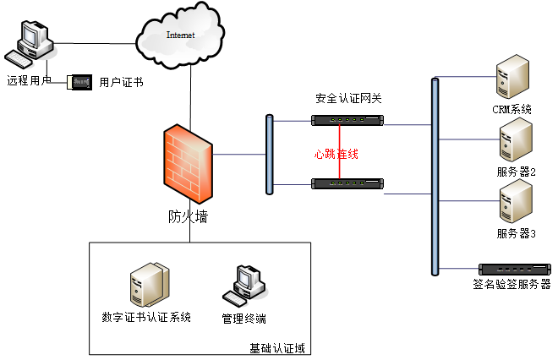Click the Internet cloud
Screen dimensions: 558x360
click(x=180, y=35)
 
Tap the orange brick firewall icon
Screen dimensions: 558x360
click(x=188, y=164)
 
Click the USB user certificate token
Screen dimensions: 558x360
click(x=79, y=82)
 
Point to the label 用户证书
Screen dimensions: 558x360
click(x=122, y=83)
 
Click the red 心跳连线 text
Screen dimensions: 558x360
click(x=336, y=154)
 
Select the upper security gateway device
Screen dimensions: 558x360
click(x=347, y=120)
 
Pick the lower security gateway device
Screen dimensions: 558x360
click(x=347, y=183)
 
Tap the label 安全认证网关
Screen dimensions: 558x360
click(x=348, y=98)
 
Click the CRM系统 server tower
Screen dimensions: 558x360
click(x=512, y=77)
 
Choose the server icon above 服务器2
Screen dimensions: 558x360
click(x=516, y=139)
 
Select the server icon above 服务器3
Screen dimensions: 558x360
click(x=516, y=201)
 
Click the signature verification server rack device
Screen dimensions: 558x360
click(x=515, y=270)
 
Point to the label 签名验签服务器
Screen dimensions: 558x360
click(x=511, y=284)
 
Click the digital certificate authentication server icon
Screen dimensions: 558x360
click(x=150, y=285)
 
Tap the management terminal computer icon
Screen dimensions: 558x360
click(x=245, y=286)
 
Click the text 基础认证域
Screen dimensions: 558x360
click(x=277, y=348)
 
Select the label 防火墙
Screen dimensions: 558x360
click(x=188, y=216)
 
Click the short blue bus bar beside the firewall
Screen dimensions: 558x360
click(x=270, y=155)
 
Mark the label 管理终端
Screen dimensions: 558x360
click(x=244, y=319)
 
